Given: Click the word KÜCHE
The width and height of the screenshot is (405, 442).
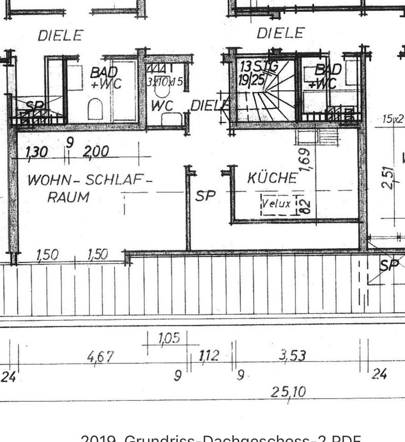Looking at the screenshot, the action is (272, 178).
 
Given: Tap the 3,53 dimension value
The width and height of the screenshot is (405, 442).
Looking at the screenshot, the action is (292, 355).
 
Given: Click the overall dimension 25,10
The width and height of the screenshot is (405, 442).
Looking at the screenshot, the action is (289, 392).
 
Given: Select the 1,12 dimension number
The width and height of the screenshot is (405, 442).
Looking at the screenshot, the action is (210, 355).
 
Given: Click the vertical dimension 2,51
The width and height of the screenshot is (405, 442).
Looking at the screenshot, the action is (390, 177).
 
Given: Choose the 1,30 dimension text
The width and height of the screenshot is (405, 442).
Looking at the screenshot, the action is (37, 151).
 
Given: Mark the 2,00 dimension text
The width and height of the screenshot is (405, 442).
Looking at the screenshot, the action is (96, 151).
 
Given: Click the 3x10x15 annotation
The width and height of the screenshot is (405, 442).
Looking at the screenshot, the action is (165, 82).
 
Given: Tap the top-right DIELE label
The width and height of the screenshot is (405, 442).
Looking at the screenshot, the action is (281, 33).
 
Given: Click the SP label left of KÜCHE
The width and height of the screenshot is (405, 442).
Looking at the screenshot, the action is (205, 196).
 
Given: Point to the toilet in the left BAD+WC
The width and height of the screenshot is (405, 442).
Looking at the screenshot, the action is (94, 109).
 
